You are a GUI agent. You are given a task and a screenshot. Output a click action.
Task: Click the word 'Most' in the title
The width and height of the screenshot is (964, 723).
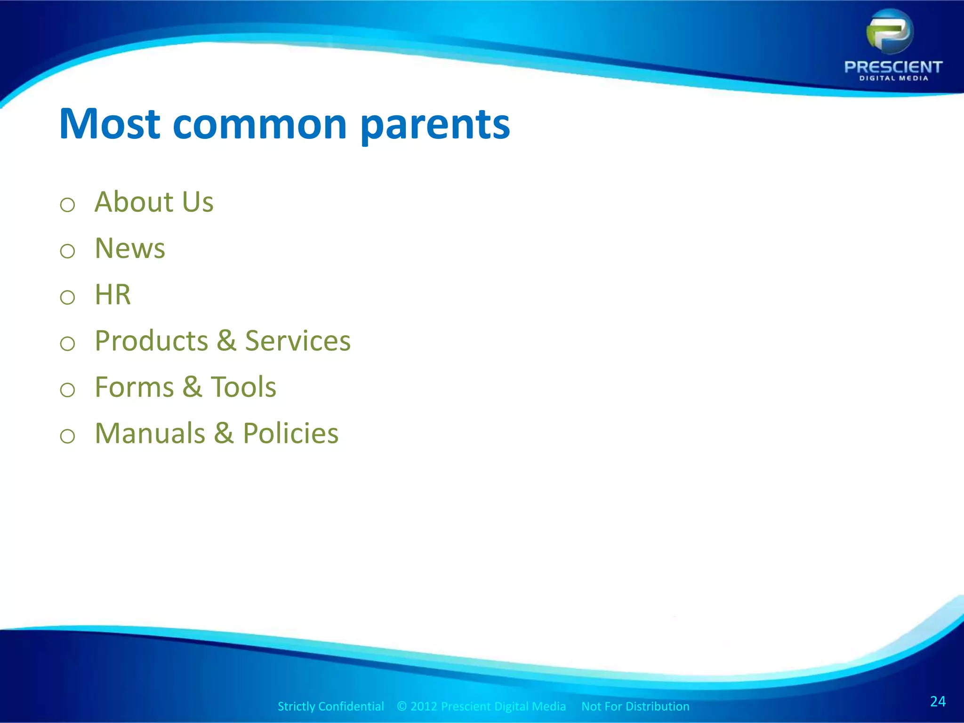click(110, 124)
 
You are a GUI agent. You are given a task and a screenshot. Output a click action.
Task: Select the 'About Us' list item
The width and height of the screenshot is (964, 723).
click(154, 202)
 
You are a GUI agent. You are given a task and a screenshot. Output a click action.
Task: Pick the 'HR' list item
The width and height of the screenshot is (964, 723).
click(112, 295)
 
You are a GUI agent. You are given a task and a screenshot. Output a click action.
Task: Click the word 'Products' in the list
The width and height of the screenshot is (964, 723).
click(151, 341)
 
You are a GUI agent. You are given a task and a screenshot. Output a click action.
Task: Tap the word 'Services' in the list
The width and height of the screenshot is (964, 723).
click(297, 341)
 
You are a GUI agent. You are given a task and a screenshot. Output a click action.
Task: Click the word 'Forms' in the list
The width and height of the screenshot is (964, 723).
click(135, 387)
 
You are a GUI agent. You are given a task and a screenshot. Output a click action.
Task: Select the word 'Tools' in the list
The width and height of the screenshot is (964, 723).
click(243, 387)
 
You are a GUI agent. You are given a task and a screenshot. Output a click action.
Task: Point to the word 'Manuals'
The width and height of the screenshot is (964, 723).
click(150, 433)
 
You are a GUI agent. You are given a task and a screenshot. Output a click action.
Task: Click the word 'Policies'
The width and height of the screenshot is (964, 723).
click(290, 433)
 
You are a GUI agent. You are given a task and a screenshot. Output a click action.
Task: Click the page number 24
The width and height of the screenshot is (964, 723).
click(938, 701)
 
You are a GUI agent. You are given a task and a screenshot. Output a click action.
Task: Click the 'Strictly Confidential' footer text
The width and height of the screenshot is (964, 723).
click(330, 706)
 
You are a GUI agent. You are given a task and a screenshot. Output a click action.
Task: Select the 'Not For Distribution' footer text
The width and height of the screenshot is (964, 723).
click(635, 706)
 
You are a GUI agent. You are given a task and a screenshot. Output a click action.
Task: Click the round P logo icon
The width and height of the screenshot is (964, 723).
click(890, 32)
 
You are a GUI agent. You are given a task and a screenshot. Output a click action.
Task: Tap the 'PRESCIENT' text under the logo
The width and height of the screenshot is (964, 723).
click(893, 67)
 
